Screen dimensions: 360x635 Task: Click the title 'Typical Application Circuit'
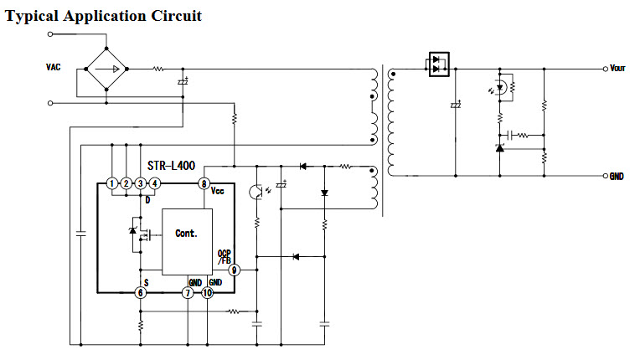click(x=104, y=16)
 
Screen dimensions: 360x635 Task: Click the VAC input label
click(x=54, y=67)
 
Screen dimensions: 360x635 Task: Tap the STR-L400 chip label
click(x=170, y=167)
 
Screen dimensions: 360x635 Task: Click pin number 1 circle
click(x=111, y=183)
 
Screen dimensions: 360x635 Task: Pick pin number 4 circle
click(x=154, y=183)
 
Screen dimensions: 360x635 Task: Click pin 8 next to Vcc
click(x=203, y=183)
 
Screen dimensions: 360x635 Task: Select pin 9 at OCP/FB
click(x=235, y=270)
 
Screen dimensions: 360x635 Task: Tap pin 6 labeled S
click(x=141, y=292)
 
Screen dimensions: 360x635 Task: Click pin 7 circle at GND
click(x=188, y=292)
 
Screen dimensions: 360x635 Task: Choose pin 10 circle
click(x=219, y=292)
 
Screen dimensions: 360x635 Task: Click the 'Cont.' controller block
click(x=186, y=234)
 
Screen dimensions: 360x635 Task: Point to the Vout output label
click(x=617, y=69)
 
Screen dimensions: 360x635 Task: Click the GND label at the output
click(x=617, y=177)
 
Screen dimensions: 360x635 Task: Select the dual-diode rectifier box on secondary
click(x=440, y=64)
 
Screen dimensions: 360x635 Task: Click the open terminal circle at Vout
click(x=605, y=69)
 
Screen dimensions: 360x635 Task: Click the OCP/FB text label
click(x=224, y=257)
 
